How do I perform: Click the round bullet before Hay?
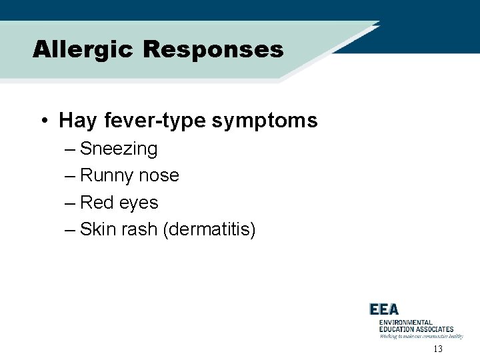(x=43, y=121)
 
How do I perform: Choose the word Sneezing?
(x=119, y=149)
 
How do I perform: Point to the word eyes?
(x=138, y=203)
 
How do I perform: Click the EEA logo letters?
(x=384, y=309)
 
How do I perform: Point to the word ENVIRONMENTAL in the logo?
(x=405, y=322)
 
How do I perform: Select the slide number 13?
(x=438, y=349)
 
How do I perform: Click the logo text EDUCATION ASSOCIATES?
(x=416, y=329)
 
